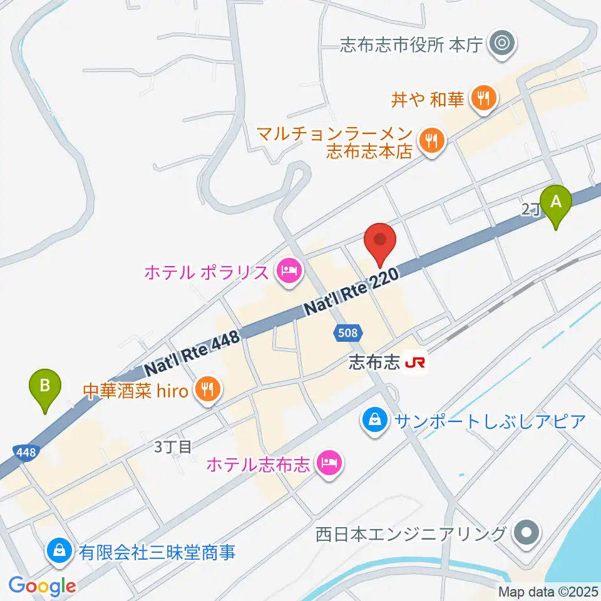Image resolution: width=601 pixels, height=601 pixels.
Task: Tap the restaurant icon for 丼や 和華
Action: [483, 98]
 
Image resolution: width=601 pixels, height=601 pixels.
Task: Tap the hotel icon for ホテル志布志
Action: [328, 464]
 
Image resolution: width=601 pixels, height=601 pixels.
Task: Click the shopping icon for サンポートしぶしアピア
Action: [374, 419]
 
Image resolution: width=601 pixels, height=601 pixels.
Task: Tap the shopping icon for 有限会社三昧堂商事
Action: [58, 552]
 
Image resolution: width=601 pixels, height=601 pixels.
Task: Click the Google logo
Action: [42, 586]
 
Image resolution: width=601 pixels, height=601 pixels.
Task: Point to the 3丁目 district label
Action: [172, 446]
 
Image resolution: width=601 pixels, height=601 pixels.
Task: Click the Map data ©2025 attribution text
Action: [548, 591]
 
